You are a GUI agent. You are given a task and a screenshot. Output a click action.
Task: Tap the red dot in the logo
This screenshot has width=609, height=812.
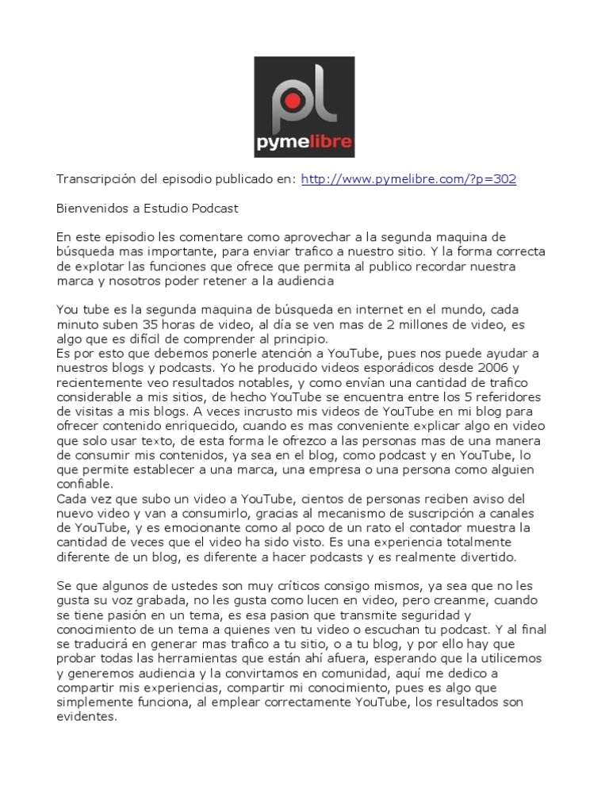coord(293,101)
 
